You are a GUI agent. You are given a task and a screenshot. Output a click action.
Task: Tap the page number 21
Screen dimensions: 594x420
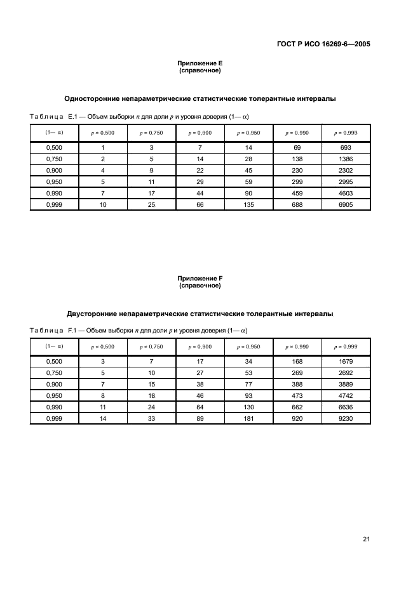pos(366,539)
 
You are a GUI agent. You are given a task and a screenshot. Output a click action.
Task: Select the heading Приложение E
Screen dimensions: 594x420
pos(200,63)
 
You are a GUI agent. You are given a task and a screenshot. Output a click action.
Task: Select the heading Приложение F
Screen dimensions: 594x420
pos(200,279)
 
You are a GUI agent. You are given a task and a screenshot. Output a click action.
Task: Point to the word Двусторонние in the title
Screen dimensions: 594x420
pos(95,313)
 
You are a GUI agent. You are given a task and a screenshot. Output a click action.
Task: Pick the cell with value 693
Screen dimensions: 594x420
pos(346,147)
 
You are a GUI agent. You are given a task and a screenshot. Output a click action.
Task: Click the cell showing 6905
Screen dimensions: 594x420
pos(346,205)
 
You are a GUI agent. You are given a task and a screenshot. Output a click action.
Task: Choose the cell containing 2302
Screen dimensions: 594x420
pos(346,170)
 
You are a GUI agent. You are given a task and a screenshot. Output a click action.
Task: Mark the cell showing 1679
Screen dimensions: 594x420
pos(346,362)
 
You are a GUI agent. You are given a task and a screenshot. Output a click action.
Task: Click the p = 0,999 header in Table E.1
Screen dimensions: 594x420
pos(346,133)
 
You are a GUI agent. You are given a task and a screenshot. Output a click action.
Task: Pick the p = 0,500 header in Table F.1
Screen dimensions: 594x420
pos(103,347)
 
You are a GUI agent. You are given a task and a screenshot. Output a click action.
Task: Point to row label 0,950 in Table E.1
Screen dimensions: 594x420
pos(54,182)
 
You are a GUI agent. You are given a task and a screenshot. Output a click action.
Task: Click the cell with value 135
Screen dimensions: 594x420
pos(248,205)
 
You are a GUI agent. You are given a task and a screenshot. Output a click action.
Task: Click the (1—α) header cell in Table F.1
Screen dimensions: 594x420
pos(54,346)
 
